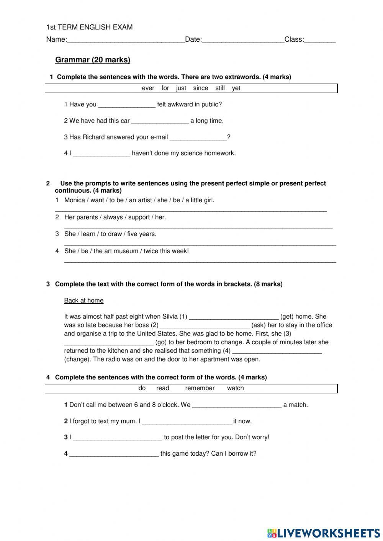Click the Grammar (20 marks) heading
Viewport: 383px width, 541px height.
[93, 60]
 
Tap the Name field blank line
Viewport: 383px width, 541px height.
[126, 40]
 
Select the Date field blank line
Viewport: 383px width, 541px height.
[243, 40]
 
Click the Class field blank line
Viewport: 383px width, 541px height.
[320, 40]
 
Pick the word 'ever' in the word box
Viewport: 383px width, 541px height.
[148, 88]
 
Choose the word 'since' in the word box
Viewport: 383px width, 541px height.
[200, 88]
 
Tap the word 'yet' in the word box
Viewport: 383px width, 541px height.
[236, 88]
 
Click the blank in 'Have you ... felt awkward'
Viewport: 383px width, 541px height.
[127, 105]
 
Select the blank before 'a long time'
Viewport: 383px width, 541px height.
[160, 121]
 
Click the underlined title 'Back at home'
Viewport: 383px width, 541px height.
[83, 301]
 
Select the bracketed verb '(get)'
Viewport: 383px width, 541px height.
[287, 317]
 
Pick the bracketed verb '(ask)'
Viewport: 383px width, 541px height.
[259, 325]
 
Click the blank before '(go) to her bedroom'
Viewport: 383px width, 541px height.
[109, 343]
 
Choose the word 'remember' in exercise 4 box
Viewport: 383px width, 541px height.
[200, 388]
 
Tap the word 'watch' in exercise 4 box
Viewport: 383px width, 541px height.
[235, 388]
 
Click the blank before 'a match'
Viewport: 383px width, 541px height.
[236, 405]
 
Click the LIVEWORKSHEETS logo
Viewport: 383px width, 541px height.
[324, 533]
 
